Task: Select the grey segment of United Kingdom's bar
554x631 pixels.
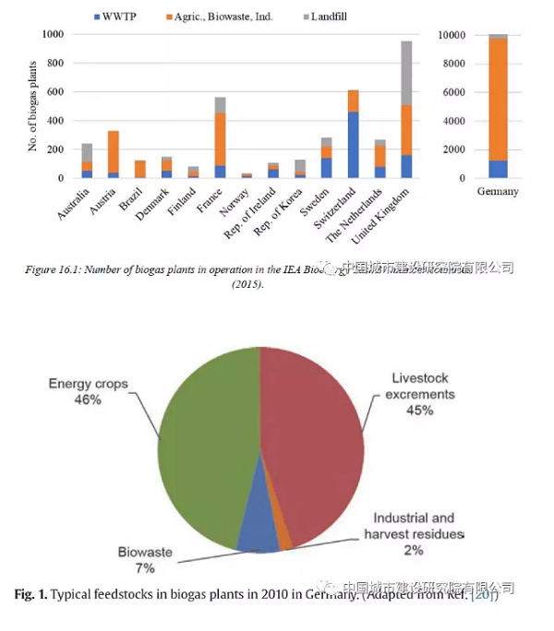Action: coord(405,73)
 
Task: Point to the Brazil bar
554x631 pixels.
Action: coord(139,169)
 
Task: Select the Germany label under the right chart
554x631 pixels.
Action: coord(498,192)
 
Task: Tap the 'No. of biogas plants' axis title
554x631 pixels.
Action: coord(31,106)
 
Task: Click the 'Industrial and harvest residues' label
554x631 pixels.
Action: coord(413,525)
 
